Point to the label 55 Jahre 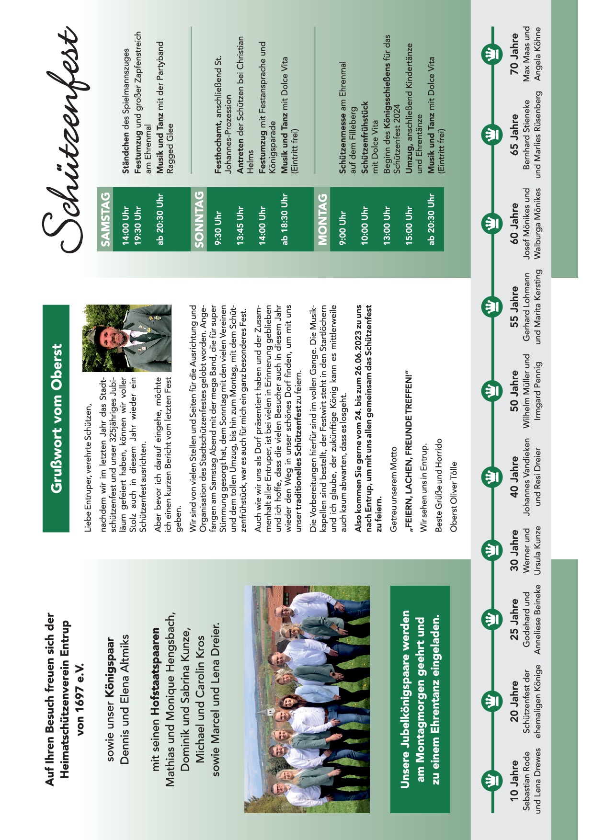(514, 306)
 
